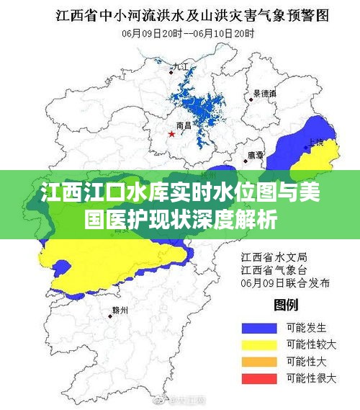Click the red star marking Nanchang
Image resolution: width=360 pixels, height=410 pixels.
[171, 134]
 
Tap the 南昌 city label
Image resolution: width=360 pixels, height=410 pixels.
[184, 125]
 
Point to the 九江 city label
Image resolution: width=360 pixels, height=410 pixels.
[179, 66]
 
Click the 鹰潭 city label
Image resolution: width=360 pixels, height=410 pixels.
[255, 154]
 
